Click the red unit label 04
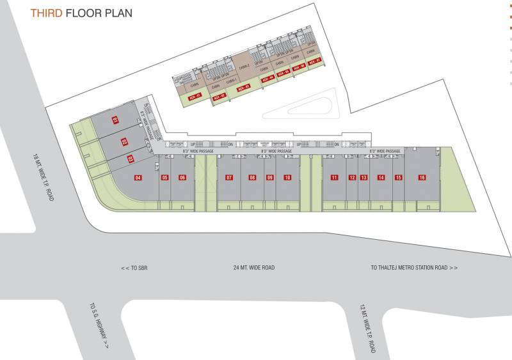click(138, 177)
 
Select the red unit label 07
click(229, 177)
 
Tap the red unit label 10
click(288, 177)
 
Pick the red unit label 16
click(422, 177)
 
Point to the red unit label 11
click(334, 177)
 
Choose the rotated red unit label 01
click(116, 120)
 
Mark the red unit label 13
click(364, 177)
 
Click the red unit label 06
click(182, 177)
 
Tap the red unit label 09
click(270, 177)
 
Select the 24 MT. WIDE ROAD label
click(254, 267)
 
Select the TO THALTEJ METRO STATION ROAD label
click(414, 267)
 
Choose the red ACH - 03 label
click(244, 87)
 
